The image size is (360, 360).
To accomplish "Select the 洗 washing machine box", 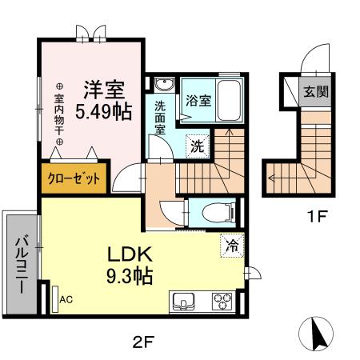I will pos(196,146).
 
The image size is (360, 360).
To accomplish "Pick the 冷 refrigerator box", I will pos(230,246).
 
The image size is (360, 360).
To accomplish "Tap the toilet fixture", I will pos(216,212).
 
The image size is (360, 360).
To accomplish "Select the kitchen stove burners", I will pos(222,302).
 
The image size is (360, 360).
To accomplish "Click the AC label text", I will pos(66,300).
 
